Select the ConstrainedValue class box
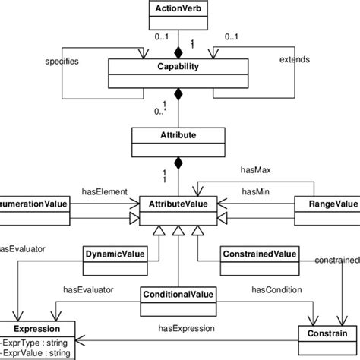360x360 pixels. tap(259, 254)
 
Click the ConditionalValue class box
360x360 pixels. tap(179, 295)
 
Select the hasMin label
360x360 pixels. tap(256, 192)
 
